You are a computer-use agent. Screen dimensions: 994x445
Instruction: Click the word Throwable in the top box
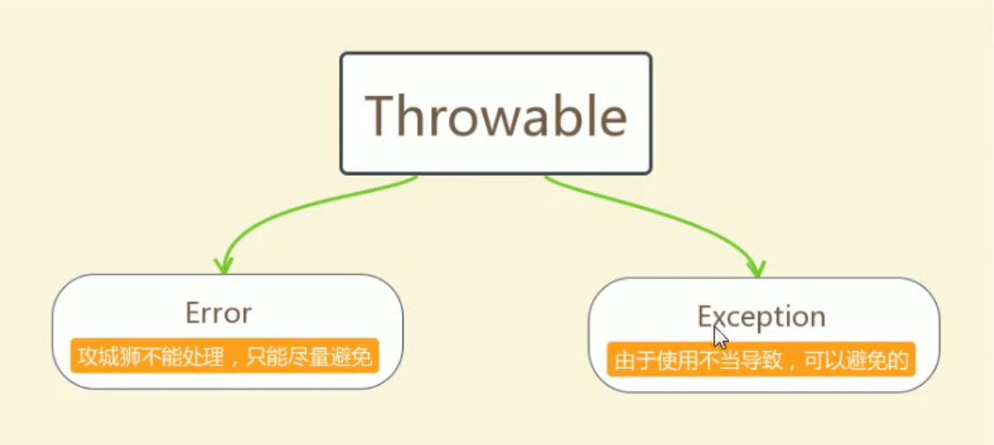496,116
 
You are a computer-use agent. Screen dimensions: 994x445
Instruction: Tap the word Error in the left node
218,313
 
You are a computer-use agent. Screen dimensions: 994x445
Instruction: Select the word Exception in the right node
761,317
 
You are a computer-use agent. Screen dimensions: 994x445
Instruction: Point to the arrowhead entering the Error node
223,266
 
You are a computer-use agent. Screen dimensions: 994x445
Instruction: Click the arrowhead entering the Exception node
756,268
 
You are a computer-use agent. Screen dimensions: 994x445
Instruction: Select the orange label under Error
224,355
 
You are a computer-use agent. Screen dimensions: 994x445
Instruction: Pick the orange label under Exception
761,359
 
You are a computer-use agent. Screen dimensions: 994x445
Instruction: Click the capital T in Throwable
381,116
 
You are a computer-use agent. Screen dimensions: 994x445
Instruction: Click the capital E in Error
193,313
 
